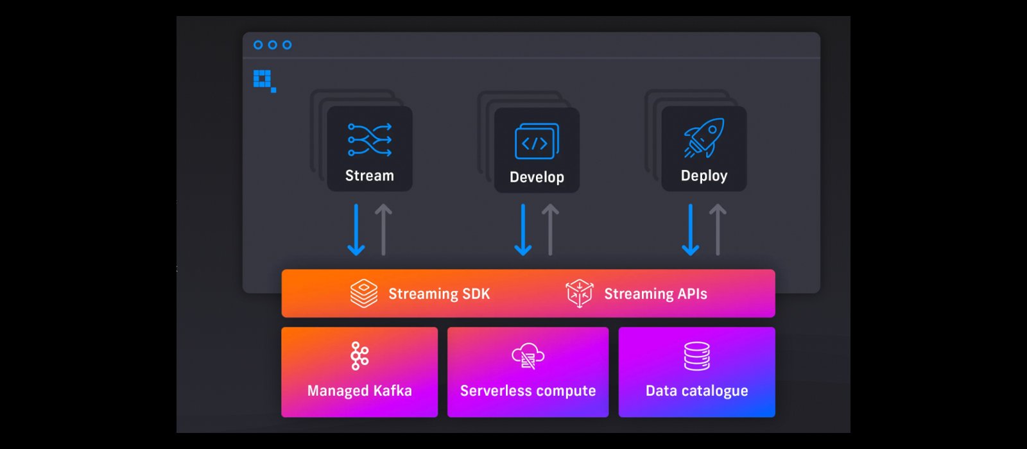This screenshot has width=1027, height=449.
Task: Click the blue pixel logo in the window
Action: coord(264,80)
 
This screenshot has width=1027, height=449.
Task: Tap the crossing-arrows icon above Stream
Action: coord(370,140)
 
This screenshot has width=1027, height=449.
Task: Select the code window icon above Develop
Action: coord(537,141)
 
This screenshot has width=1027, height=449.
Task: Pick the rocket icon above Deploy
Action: coord(704,137)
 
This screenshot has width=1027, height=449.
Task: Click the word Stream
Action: coord(370,176)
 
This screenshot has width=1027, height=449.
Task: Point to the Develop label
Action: coord(537,177)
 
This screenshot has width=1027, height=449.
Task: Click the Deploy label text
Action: coord(704,176)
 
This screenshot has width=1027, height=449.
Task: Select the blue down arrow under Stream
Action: coord(356,230)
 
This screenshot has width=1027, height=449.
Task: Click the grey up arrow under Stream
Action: coord(383,230)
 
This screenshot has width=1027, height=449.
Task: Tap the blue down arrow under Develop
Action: coord(523,230)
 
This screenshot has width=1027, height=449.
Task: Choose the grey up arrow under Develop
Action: coord(550,230)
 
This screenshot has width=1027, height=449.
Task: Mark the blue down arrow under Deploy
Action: coord(691,230)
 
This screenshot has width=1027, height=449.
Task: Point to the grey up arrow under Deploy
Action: coord(718,230)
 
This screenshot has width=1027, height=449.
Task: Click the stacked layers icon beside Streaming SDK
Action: coord(364,293)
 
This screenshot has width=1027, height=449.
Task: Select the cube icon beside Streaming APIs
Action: coord(579,293)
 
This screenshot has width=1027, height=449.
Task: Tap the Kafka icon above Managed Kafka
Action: coord(359,355)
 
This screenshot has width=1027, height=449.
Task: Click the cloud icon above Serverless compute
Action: coord(528,356)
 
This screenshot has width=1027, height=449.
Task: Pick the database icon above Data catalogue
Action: coord(697,356)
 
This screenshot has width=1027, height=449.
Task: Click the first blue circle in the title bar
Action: coord(258,45)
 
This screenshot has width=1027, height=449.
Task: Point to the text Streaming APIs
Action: coord(655,294)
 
